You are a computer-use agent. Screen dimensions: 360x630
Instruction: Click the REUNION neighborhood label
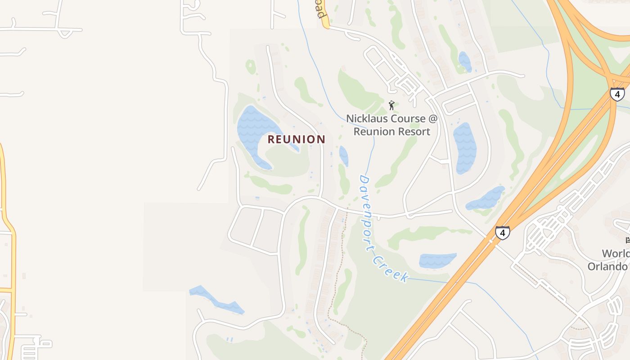296,139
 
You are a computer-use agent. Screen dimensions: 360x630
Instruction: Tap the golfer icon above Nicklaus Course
391,105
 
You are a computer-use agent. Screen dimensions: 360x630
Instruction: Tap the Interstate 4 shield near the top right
617,94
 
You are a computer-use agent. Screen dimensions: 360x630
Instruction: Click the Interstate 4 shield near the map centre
502,233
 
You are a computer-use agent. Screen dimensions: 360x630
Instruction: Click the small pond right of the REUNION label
343,155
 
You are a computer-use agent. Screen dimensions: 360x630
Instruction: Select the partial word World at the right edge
616,254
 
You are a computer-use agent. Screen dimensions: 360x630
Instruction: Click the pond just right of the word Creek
436,261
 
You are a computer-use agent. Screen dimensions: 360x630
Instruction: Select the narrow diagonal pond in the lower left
216,299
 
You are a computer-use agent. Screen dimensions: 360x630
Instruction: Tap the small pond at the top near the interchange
465,62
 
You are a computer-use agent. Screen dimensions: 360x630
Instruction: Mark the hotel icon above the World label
628,240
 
